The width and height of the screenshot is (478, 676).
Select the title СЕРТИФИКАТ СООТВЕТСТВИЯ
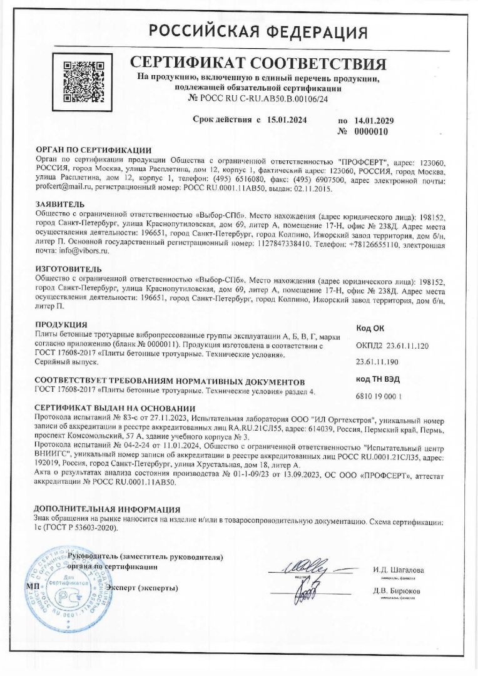pyautogui.click(x=258, y=64)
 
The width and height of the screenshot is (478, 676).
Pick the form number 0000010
pyautogui.click(x=371, y=131)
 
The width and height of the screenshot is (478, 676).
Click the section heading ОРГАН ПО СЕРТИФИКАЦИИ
pyautogui.click(x=94, y=150)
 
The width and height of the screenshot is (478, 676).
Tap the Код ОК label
pyautogui.click(x=370, y=328)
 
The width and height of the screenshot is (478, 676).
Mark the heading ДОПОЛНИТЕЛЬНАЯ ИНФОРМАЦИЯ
pyautogui.click(x=107, y=510)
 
